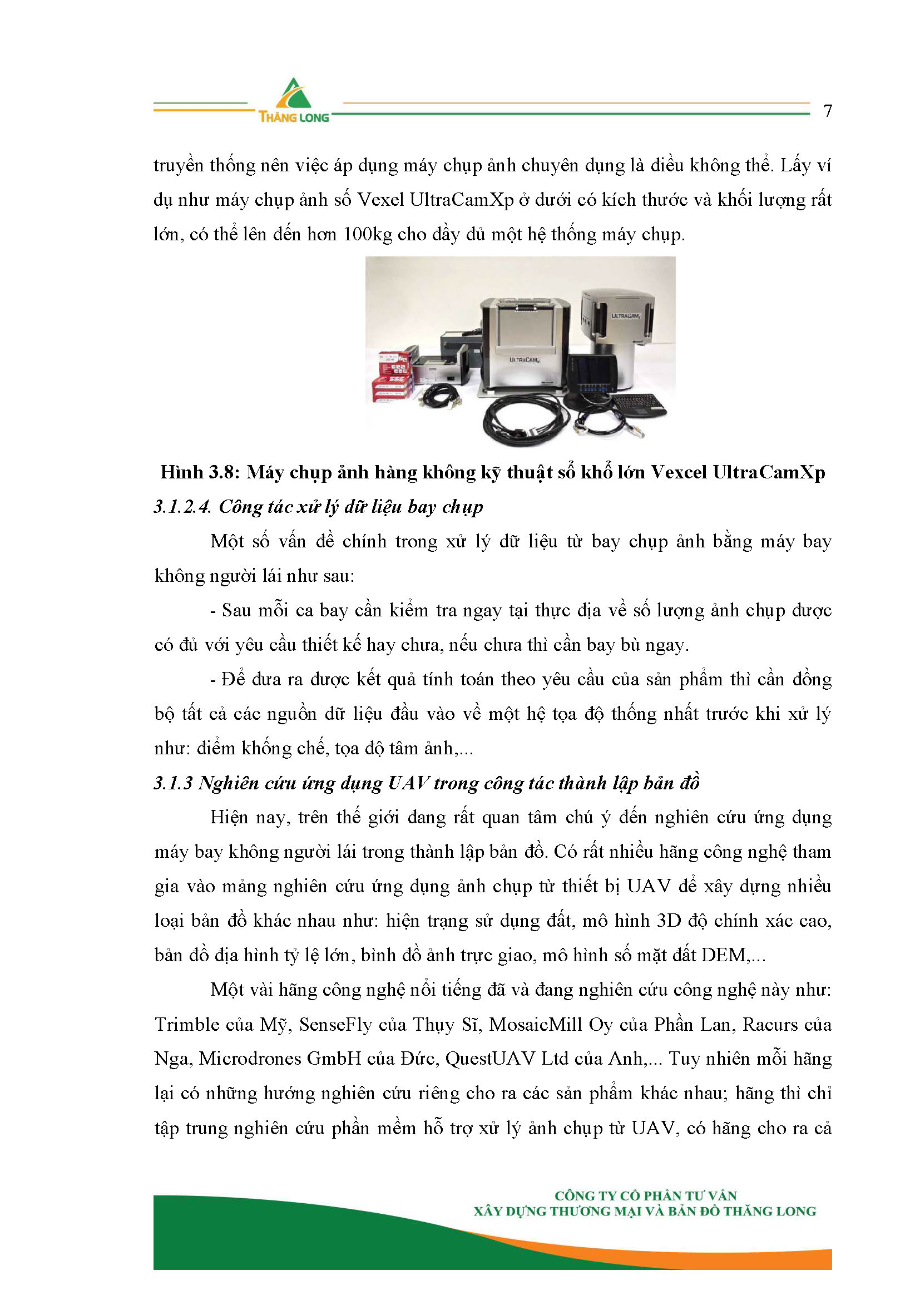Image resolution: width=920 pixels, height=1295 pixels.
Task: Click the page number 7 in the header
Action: coord(827,111)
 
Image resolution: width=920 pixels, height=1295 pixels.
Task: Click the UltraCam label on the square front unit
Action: coord(523,359)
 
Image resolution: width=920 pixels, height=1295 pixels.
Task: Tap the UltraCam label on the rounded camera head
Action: coord(625,315)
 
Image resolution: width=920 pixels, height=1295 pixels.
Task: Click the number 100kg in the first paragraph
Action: coord(367,235)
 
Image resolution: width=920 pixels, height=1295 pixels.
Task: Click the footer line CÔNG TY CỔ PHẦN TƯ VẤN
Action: coord(645,1196)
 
